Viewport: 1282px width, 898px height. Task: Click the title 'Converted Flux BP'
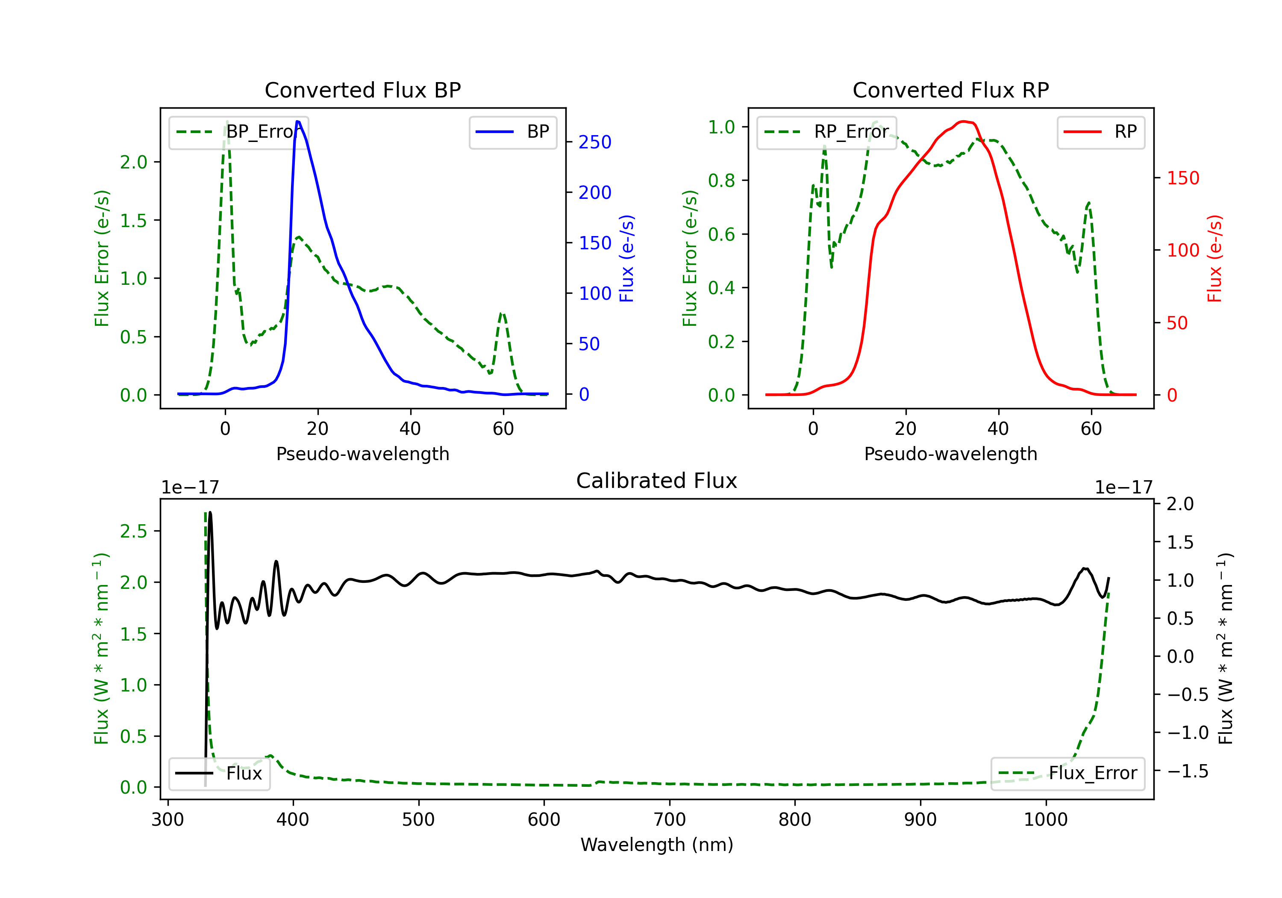(x=362, y=90)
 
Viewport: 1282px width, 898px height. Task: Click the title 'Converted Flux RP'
(x=950, y=90)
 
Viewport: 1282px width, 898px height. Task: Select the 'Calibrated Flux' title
(x=657, y=481)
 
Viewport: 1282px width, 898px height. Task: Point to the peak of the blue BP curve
(x=297, y=121)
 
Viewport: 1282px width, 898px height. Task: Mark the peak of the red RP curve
(x=964, y=121)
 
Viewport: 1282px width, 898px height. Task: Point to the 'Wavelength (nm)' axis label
(x=657, y=845)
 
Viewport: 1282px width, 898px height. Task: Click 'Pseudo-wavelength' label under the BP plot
(x=363, y=454)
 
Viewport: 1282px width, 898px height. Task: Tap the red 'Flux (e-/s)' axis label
(x=1214, y=258)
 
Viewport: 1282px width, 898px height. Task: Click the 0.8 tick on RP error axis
(x=721, y=180)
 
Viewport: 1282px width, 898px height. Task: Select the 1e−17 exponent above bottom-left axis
(x=190, y=487)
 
